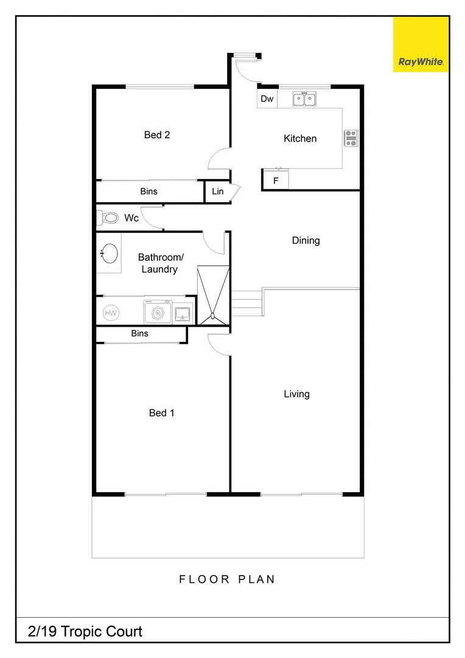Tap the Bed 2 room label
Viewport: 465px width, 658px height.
tap(156, 135)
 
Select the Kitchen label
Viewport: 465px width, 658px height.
tap(300, 138)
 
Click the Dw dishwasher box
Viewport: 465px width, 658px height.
tap(267, 99)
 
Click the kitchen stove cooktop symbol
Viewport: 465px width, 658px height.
tap(351, 138)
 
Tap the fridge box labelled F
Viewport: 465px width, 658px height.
tap(275, 180)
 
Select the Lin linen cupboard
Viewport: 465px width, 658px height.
tap(217, 191)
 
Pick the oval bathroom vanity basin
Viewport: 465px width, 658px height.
tap(109, 253)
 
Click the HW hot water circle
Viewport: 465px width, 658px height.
tap(111, 313)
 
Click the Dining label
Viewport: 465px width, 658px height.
tap(306, 241)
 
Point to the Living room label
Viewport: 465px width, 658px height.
tap(296, 394)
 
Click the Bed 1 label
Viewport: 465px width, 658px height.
tap(161, 413)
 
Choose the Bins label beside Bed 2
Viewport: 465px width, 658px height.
tap(149, 191)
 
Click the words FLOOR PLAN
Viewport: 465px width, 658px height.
tap(227, 579)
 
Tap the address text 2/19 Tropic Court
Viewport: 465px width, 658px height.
tap(85, 631)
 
